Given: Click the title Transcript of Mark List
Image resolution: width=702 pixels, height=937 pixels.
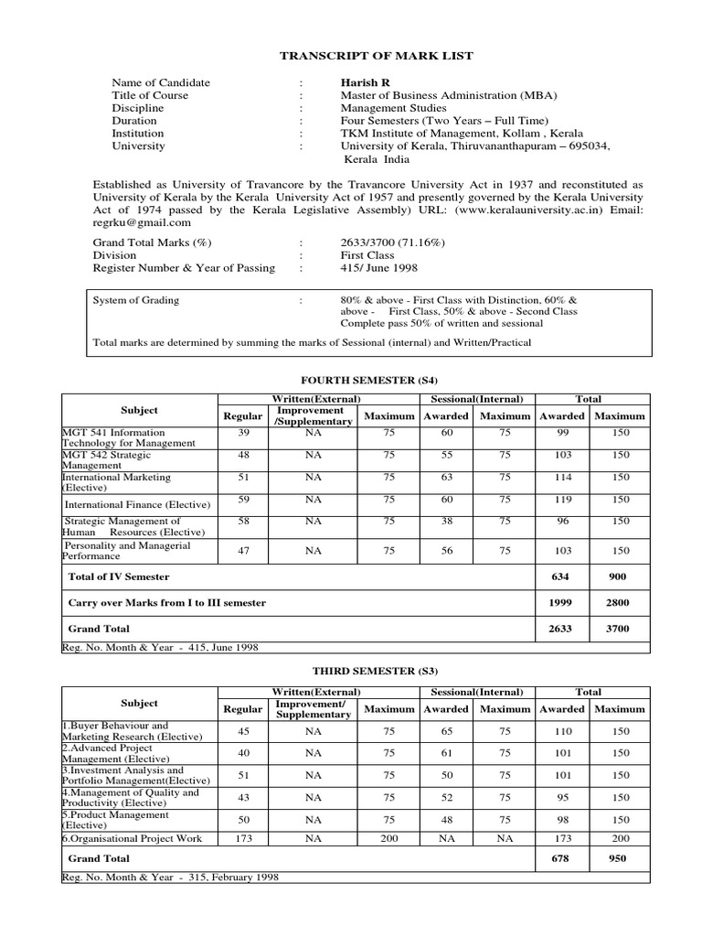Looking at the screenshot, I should click(x=376, y=56).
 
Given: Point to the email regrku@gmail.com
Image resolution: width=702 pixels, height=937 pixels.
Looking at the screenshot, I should click(x=143, y=222).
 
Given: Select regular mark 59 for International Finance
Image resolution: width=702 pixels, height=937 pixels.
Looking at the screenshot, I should click(x=242, y=500).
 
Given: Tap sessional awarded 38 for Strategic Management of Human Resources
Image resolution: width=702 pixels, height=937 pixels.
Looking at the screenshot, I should click(x=447, y=521).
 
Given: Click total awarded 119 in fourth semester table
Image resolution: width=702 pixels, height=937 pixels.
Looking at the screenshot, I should click(x=562, y=501).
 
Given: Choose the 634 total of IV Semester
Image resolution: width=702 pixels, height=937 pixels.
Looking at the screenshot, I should click(x=562, y=576).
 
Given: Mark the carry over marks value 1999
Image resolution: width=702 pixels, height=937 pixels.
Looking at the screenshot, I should click(x=562, y=603).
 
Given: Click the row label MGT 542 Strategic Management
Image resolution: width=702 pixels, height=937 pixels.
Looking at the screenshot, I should click(x=106, y=459).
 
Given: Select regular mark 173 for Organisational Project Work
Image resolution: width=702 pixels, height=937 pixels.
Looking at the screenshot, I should click(x=242, y=838).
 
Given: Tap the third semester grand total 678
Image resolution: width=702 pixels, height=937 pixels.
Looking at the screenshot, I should click(x=562, y=859).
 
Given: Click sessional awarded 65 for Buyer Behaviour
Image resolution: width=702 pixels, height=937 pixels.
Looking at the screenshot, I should click(x=447, y=732).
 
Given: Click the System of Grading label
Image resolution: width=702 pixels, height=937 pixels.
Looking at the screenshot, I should click(x=136, y=300).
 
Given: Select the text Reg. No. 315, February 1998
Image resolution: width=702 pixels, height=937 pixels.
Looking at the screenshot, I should click(x=170, y=877).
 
